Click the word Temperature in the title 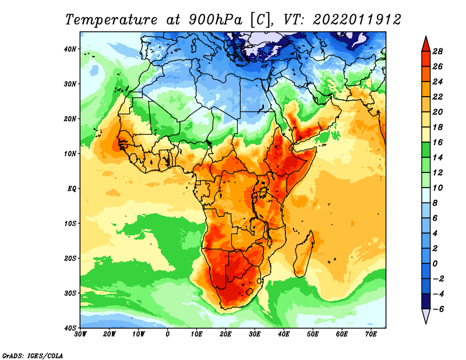(111, 20)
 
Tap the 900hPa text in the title (216, 20)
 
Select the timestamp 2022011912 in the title (356, 20)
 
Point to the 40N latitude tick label (70, 49)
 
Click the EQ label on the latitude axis (72, 189)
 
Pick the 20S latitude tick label (70, 258)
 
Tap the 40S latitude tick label (70, 328)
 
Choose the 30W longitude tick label (80, 334)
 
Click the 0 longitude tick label (168, 334)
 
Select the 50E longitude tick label (313, 334)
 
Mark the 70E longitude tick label (370, 334)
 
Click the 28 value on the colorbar (437, 51)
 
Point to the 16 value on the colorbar (437, 142)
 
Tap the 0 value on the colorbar (435, 264)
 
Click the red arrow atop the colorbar (426, 44)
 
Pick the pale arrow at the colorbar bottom (426, 316)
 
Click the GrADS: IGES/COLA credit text (33, 356)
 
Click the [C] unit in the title (260, 20)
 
